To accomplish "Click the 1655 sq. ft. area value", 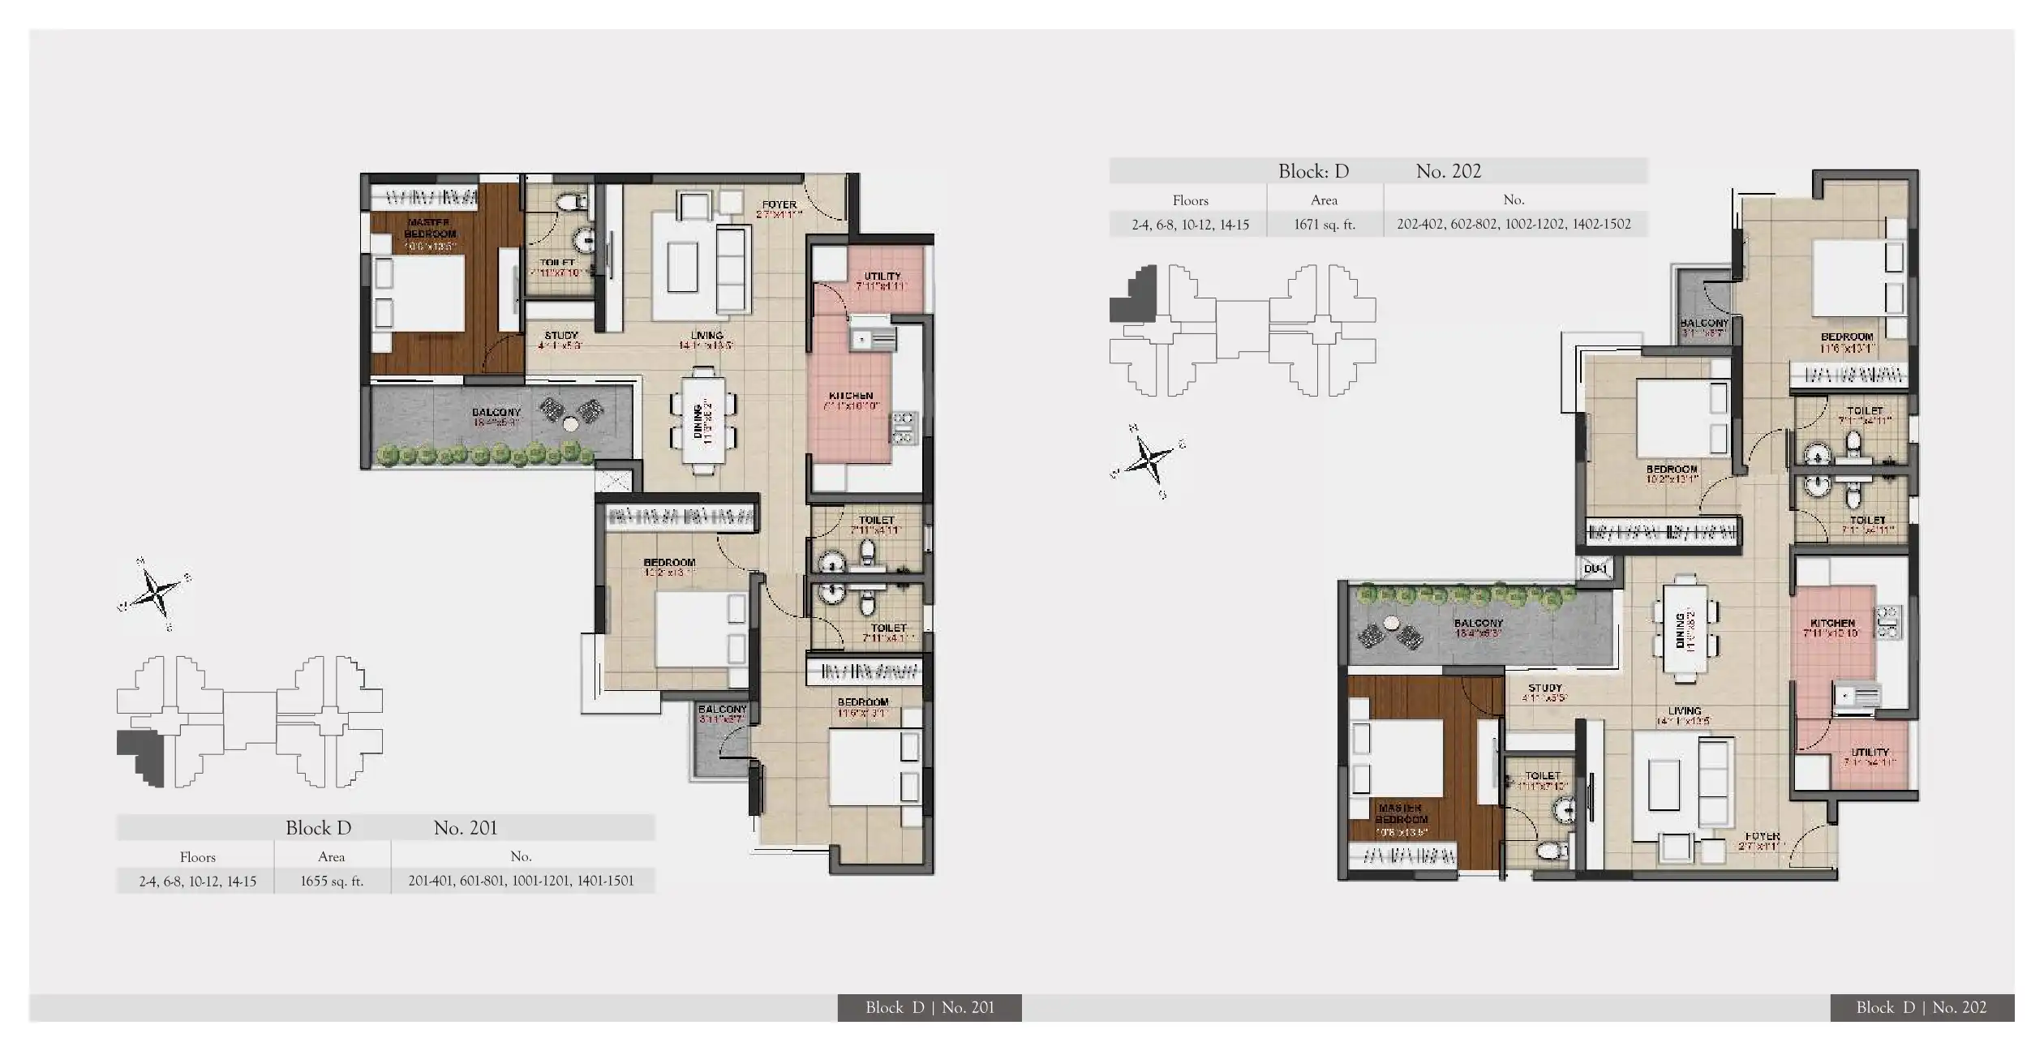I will tap(332, 881).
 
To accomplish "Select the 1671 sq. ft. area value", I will tap(1324, 225).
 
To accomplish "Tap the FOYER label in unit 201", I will tap(779, 206).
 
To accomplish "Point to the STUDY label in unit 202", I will tap(1544, 689).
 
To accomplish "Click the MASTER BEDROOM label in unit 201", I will tap(430, 229).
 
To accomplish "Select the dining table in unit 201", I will tap(703, 421).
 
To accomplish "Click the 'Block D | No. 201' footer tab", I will tap(929, 1007).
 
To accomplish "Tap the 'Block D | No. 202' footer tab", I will tap(1921, 1007).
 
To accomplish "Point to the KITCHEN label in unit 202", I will tap(1832, 624).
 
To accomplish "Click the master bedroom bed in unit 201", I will tap(419, 293).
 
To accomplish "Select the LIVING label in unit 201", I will tap(706, 336).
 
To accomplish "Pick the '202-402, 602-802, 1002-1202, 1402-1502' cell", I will tap(1514, 225).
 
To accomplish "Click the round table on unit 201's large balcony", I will tap(571, 423).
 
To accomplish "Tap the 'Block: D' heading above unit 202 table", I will tap(1313, 171).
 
